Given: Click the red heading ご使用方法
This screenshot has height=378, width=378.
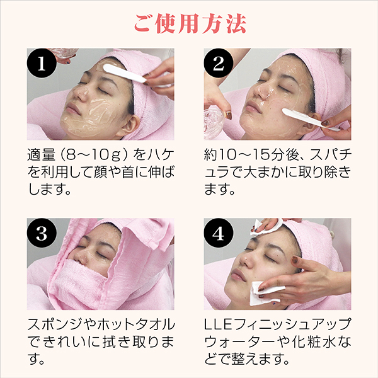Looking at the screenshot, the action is point(190,23).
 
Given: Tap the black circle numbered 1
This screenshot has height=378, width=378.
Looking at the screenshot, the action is point(42,63).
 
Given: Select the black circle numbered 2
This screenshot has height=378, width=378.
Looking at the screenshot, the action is point(219,63).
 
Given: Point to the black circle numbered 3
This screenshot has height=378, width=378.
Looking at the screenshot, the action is point(42,233).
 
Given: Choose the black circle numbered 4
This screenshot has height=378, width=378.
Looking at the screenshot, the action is point(219,233).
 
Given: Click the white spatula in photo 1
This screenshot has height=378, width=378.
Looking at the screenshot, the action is point(125,73).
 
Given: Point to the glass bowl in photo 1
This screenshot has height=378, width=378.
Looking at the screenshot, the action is point(64,54).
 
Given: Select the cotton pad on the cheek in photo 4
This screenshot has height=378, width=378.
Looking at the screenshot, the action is point(265,293).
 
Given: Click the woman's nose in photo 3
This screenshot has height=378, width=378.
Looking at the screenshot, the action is point(80,258).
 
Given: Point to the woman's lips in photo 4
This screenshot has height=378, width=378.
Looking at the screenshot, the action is point(239,275).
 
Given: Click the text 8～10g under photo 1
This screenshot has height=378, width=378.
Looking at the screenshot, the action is point(94,154).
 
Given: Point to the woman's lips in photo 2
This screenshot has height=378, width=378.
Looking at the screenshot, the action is point(253,107).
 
